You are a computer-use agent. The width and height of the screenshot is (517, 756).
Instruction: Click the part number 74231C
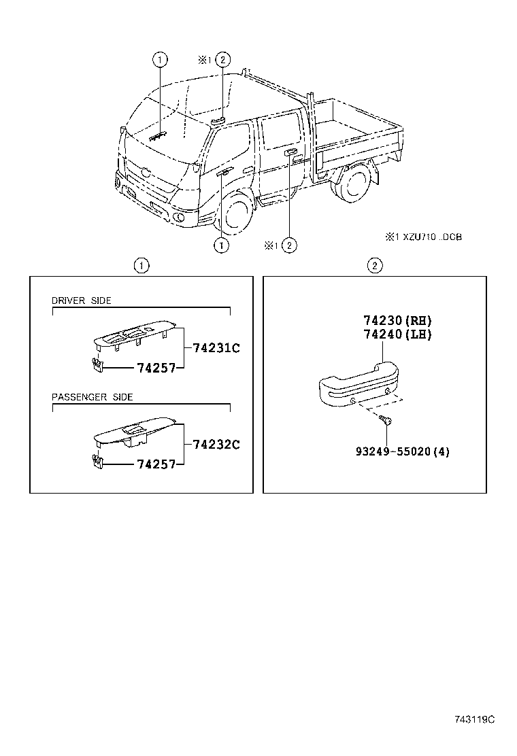point(216,348)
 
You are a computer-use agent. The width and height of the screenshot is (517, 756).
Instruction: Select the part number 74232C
point(216,445)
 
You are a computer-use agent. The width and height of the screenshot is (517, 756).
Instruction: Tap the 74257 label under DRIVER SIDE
point(156,368)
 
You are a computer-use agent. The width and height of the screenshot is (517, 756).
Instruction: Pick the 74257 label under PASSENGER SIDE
point(156,464)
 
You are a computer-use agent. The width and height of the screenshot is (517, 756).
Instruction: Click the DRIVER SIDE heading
point(82,300)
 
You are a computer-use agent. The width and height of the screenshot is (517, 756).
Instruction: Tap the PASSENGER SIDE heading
point(93,397)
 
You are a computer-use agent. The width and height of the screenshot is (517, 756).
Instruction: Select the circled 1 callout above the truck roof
point(160,60)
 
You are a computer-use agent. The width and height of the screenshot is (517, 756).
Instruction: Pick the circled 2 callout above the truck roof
point(222,60)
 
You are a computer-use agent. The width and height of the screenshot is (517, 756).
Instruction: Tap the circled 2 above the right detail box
point(374,265)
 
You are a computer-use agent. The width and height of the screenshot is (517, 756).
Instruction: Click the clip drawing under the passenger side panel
point(97,462)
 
